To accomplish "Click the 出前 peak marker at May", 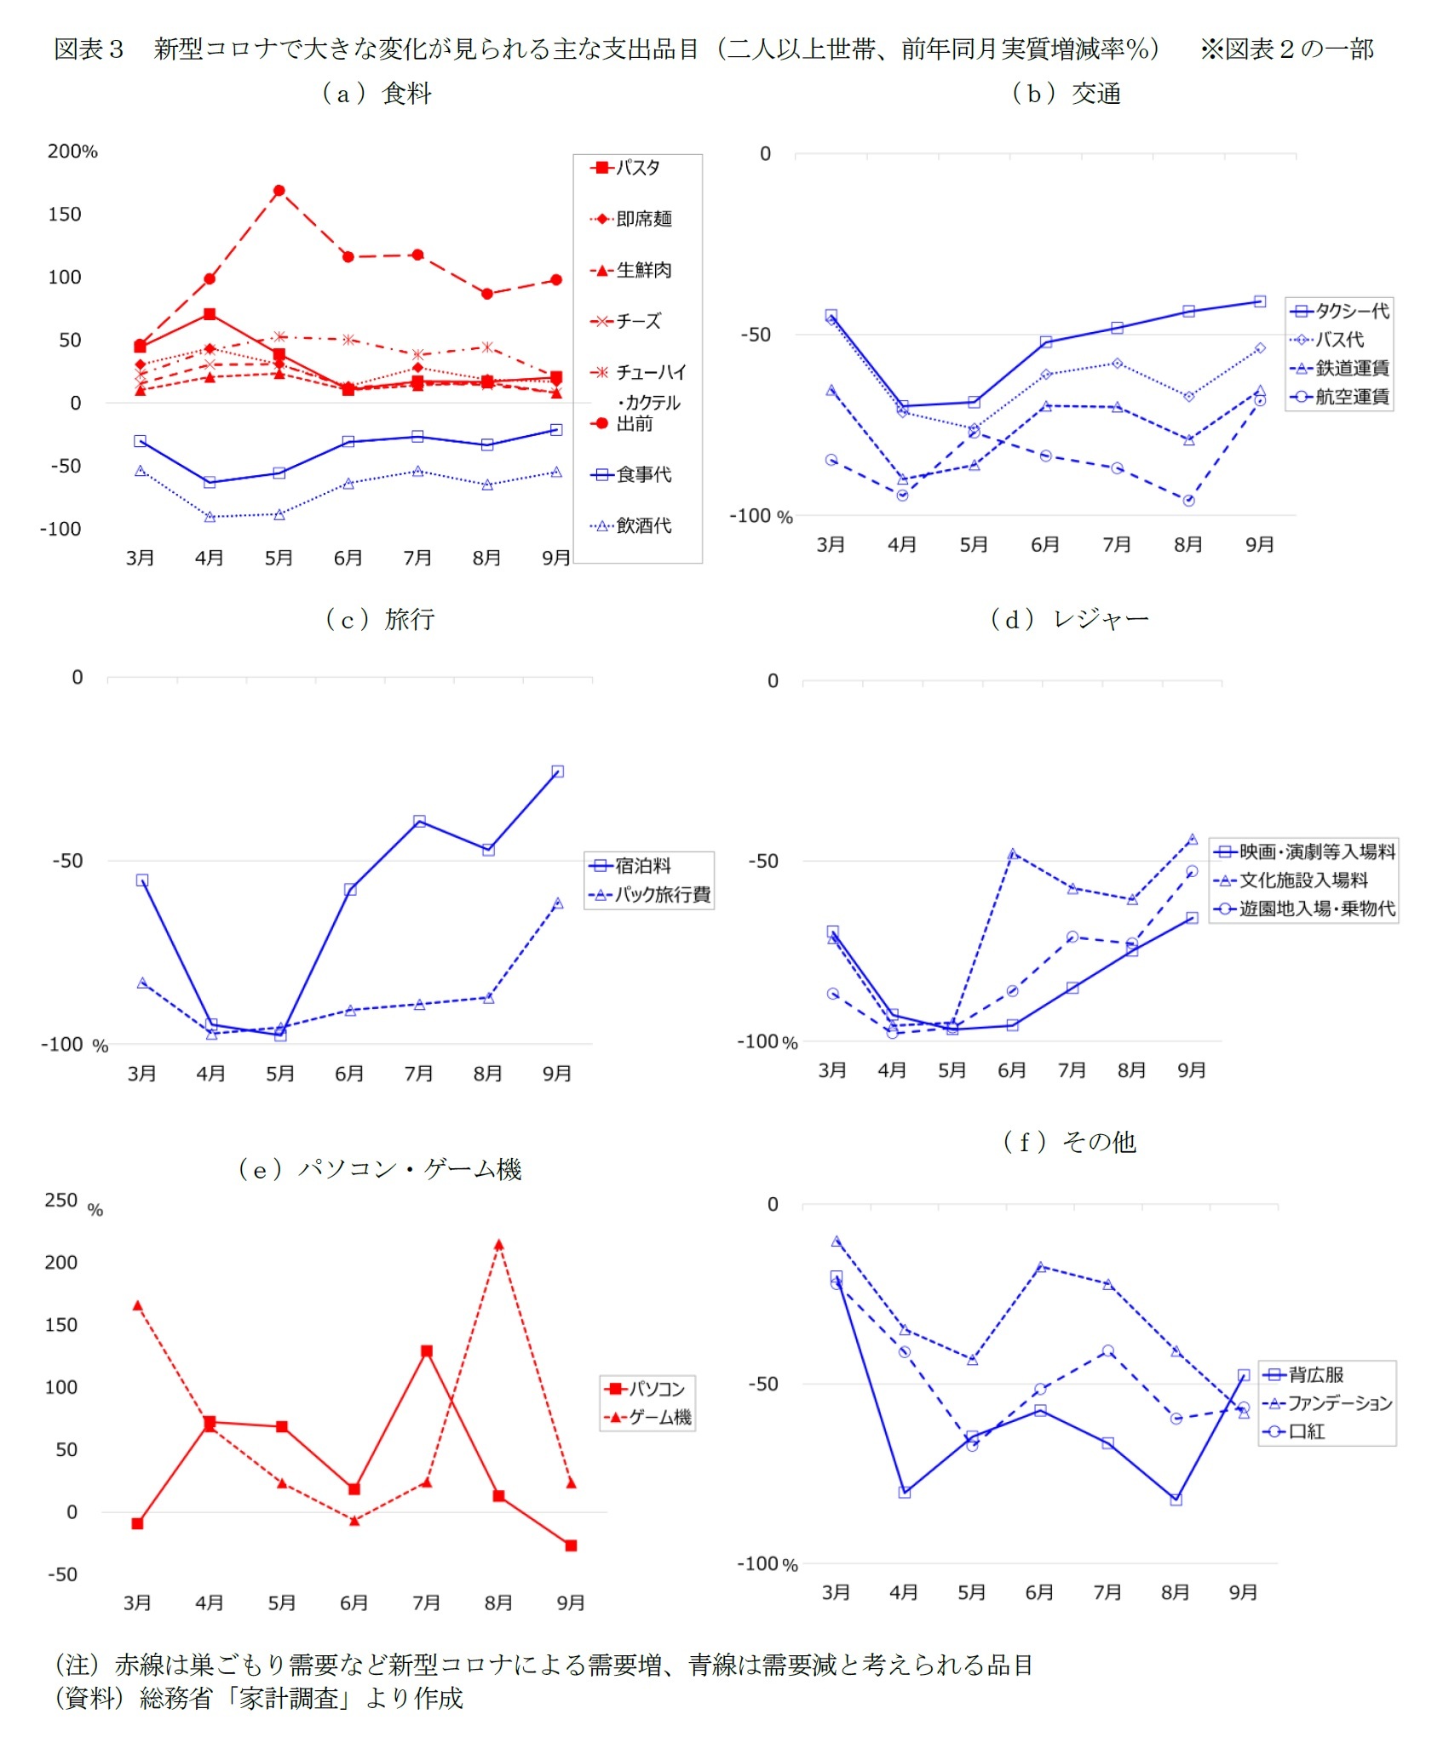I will click(279, 191).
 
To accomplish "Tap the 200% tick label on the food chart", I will click(72, 152).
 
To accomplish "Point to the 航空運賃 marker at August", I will click(1188, 501).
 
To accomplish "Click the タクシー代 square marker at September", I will click(1260, 301).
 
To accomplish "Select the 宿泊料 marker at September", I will click(557, 771).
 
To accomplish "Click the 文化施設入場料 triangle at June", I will click(1012, 853).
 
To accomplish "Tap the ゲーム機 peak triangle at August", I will click(498, 1244).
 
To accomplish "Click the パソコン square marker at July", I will click(427, 1351).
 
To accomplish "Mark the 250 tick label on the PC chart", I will click(61, 1200).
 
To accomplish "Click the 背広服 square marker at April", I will click(904, 1492).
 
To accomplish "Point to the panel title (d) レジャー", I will click(1069, 619).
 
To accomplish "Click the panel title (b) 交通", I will click(1066, 94).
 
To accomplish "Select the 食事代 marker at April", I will click(210, 482).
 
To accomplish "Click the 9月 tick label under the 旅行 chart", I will click(557, 1074).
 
